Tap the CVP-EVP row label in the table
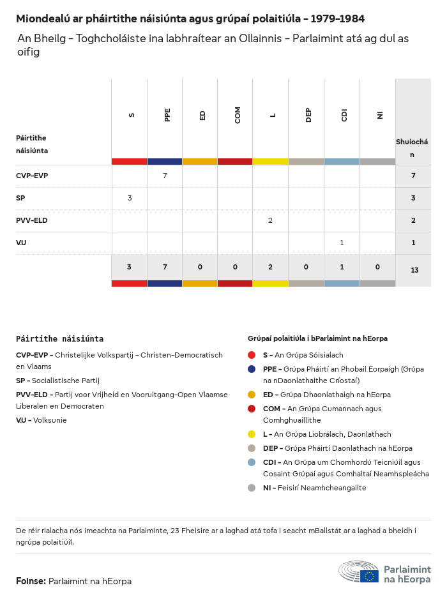[32, 176]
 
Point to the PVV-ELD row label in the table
[32, 220]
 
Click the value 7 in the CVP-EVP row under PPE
[165, 176]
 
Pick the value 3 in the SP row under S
[130, 198]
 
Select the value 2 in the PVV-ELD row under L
[270, 220]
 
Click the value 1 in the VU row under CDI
[342, 243]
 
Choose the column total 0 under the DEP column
[306, 266]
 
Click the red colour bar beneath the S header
[129, 162]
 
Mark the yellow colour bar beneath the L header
[270, 162]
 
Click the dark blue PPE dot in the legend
[252, 369]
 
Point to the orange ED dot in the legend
[252, 395]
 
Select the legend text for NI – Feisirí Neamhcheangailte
[314, 488]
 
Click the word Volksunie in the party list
[50, 420]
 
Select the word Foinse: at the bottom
[31, 581]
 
